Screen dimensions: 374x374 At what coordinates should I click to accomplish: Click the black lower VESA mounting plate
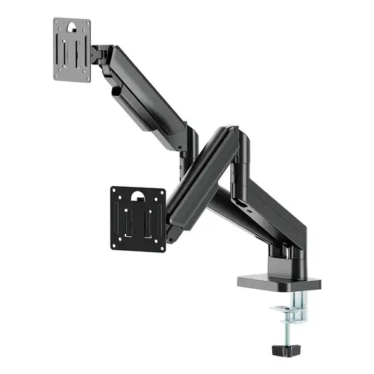(x=139, y=218)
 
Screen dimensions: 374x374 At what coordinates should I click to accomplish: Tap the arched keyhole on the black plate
(x=139, y=196)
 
